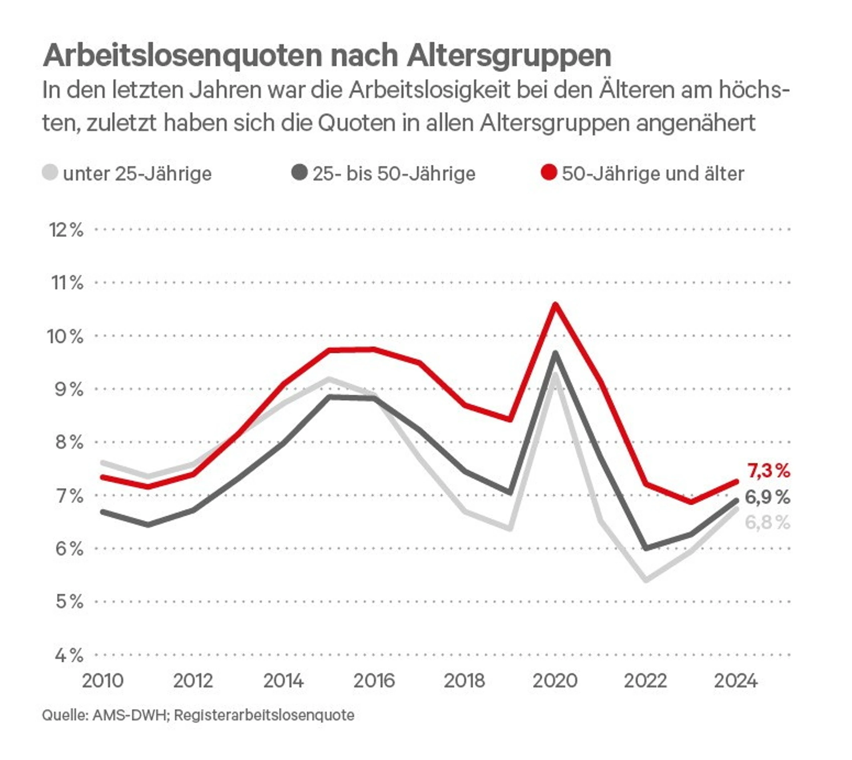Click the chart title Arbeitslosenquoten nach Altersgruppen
[x=327, y=56]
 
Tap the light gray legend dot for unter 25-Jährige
[x=50, y=172]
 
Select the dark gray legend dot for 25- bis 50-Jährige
[x=299, y=172]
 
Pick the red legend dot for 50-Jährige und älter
[x=548, y=172]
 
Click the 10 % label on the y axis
[x=66, y=336]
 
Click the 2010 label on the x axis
[x=103, y=681]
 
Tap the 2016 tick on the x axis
[x=374, y=681]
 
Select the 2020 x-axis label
[x=555, y=681]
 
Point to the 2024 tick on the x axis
[x=736, y=681]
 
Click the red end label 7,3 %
[x=768, y=471]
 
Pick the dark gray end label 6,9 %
[x=767, y=497]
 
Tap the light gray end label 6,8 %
[x=767, y=522]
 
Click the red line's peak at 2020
[x=555, y=305]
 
